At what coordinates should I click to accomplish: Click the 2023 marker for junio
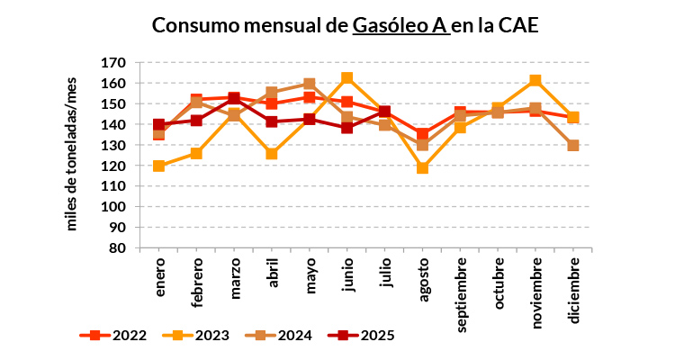click(x=347, y=78)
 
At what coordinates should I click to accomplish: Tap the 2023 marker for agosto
click(x=423, y=167)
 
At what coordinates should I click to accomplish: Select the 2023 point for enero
click(x=159, y=166)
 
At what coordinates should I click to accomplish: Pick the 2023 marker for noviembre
click(x=535, y=80)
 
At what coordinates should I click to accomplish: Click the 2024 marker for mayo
click(x=310, y=85)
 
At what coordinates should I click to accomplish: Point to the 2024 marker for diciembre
click(x=573, y=145)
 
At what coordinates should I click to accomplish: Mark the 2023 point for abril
click(x=272, y=154)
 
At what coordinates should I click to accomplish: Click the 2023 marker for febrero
click(x=196, y=153)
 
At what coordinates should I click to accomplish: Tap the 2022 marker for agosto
click(x=423, y=134)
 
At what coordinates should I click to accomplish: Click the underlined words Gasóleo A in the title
click(x=399, y=25)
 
